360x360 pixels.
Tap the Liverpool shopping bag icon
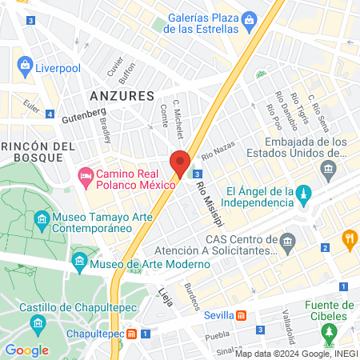(x=26, y=65)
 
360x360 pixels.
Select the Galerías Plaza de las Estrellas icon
(x=250, y=18)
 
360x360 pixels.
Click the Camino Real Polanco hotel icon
(x=86, y=175)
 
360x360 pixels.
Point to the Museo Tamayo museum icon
(x=41, y=218)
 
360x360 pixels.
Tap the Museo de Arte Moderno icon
(x=80, y=261)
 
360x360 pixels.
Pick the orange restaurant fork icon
(x=349, y=238)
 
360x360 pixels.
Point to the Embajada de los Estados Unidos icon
(x=328, y=169)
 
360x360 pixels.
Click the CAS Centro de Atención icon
(x=288, y=240)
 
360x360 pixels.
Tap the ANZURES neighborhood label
(x=122, y=95)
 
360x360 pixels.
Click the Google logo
(x=26, y=350)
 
